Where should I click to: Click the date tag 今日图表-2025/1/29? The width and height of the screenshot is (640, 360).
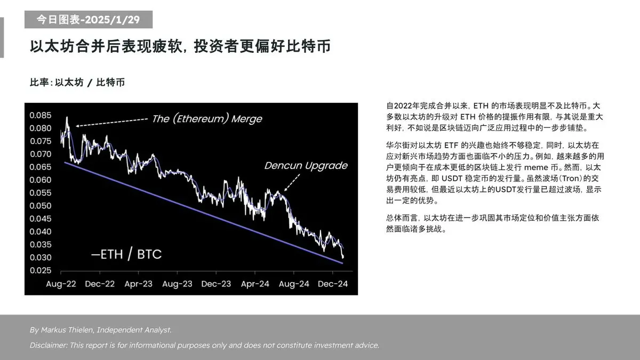pyautogui.click(x=88, y=20)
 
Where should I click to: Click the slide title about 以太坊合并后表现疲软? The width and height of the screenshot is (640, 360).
pyautogui.click(x=180, y=46)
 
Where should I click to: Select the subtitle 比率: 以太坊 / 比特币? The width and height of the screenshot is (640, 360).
pyautogui.click(x=78, y=83)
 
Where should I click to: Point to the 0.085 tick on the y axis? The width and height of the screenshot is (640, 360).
pyautogui.click(x=41, y=115)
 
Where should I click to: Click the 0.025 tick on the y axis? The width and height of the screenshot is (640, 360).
pyautogui.click(x=41, y=270)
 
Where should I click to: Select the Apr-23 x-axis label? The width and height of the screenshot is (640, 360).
pyautogui.click(x=138, y=284)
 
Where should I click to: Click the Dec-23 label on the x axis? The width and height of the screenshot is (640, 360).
pyautogui.click(x=216, y=284)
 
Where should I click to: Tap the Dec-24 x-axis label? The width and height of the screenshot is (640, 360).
pyautogui.click(x=333, y=284)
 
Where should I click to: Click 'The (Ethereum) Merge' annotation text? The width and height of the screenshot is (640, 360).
pyautogui.click(x=207, y=118)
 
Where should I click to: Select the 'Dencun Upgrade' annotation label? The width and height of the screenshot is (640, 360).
pyautogui.click(x=306, y=165)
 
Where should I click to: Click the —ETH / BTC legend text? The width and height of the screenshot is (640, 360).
pyautogui.click(x=126, y=254)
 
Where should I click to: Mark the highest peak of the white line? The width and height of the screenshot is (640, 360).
pyautogui.click(x=67, y=117)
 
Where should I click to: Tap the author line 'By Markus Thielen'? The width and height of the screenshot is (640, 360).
pyautogui.click(x=101, y=330)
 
